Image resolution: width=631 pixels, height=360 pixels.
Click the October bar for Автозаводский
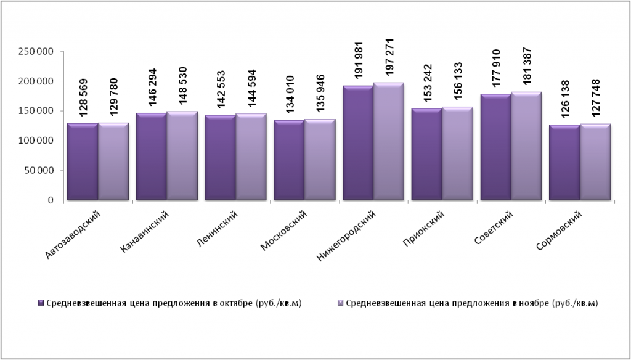pyautogui.click(x=83, y=162)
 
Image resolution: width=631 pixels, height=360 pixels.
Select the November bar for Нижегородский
pyautogui.click(x=388, y=142)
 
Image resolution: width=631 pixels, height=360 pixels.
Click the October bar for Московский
pyautogui.click(x=289, y=160)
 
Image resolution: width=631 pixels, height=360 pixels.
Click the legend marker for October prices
pyautogui.click(x=41, y=303)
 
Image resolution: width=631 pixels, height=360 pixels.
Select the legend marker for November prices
pyautogui.click(x=341, y=303)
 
